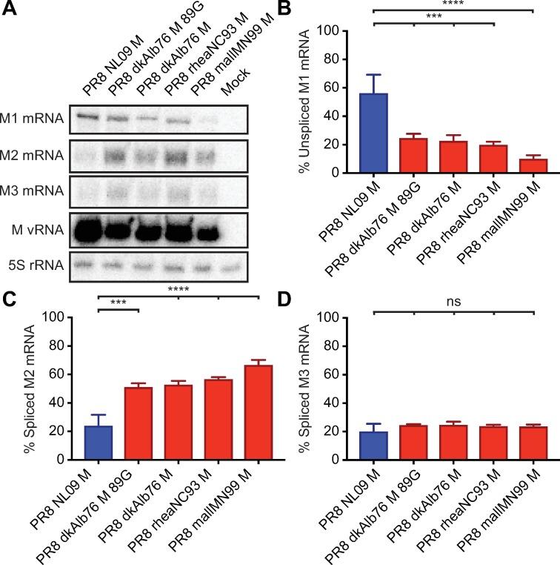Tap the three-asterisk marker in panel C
tap(118, 302)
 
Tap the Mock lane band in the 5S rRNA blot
tap(230, 266)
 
